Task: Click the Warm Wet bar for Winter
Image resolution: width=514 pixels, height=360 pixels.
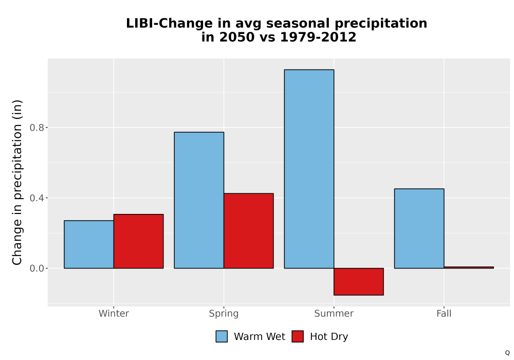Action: coord(89,244)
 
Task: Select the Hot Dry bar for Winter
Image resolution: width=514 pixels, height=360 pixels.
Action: coord(138,241)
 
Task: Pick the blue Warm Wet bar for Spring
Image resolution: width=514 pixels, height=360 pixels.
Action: coord(199,201)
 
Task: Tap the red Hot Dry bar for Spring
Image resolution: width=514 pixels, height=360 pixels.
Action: coord(248,231)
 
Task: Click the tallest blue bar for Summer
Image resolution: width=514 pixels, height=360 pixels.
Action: coord(309,169)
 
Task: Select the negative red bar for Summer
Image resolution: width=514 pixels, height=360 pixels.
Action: coord(359,282)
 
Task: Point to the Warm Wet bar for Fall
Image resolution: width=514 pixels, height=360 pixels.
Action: coord(419,228)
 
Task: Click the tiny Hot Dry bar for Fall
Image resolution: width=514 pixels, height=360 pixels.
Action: coord(469,267)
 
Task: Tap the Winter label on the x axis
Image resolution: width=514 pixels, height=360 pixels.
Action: coord(114,313)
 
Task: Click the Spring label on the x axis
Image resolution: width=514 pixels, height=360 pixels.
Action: coord(224,314)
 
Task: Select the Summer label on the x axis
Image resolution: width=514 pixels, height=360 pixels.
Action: coord(334,313)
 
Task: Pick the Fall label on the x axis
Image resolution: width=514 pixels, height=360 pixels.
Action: coord(444,313)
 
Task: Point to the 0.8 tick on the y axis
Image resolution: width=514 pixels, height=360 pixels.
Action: coord(37,128)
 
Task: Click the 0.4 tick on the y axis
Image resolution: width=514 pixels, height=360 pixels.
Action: coord(37,198)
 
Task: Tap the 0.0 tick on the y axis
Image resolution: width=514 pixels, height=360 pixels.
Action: coord(37,268)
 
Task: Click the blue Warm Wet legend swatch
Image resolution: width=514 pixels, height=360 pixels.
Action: coord(222,336)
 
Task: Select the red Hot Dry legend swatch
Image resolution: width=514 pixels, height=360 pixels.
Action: coord(298,336)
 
